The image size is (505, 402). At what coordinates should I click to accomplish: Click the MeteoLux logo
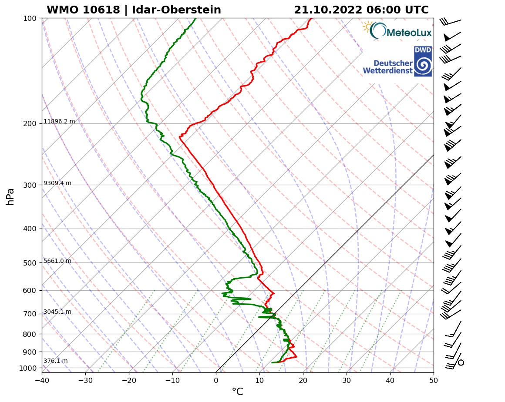[x=397, y=31]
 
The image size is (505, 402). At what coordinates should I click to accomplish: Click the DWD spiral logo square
[x=423, y=61]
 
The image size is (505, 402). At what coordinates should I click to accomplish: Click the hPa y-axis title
[x=10, y=196]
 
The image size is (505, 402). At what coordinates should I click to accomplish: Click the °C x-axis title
[x=237, y=392]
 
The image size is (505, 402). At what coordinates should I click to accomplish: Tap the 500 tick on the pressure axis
[x=30, y=263]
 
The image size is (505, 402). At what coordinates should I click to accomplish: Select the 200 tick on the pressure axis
[x=30, y=124]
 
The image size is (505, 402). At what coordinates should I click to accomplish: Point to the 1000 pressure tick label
[x=28, y=369]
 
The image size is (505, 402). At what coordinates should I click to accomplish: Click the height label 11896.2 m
[x=59, y=122]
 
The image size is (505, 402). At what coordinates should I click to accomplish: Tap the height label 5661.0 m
[x=57, y=261]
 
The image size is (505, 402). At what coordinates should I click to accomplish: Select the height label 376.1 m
[x=55, y=361]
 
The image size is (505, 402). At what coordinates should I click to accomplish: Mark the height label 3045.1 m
[x=57, y=312]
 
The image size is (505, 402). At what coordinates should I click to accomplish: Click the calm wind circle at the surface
[x=461, y=362]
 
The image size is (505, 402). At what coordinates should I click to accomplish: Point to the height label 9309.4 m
[x=57, y=183]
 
